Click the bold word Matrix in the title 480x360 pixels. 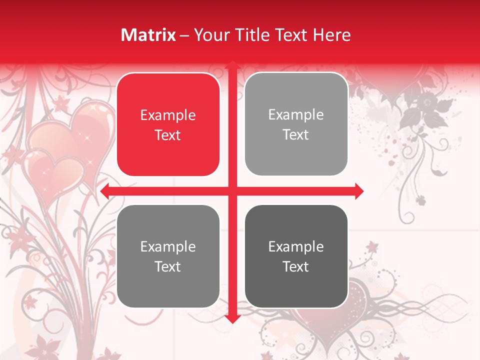(x=148, y=35)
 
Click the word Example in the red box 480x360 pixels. (x=168, y=115)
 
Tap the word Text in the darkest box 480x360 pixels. (x=296, y=266)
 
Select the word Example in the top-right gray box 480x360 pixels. (x=296, y=115)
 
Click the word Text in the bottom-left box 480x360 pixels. (x=168, y=266)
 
